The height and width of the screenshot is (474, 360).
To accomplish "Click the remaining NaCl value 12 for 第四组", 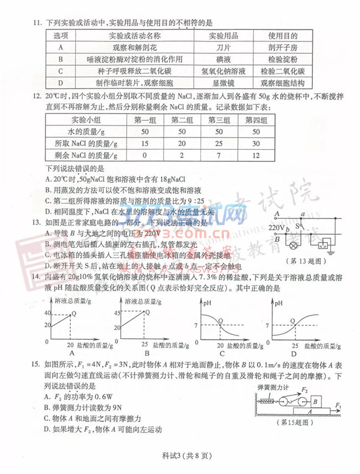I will click(255, 156).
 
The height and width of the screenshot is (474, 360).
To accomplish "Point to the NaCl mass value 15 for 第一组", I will click(146, 144).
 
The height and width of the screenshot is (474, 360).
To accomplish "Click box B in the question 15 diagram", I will click(315, 400).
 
